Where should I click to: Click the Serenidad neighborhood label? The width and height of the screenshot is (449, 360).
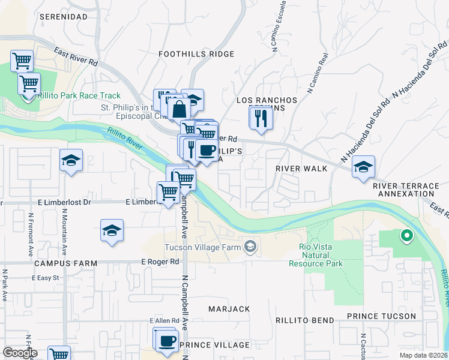tap(64, 17)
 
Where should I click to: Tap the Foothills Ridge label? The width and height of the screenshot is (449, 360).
tap(196, 54)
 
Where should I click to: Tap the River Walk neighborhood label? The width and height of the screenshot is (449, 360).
tap(301, 169)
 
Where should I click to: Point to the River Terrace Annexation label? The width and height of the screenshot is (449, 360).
tap(406, 190)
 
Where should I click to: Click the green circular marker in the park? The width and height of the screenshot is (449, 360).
tap(406, 236)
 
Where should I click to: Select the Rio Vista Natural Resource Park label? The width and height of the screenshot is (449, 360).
tap(316, 255)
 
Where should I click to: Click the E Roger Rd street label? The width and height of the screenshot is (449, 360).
tap(160, 262)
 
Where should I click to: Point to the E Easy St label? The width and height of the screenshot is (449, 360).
tap(46, 278)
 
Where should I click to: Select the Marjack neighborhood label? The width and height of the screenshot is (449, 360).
tap(229, 309)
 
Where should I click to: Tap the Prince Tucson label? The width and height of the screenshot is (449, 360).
tap(381, 316)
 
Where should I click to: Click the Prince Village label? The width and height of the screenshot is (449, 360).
tap(214, 345)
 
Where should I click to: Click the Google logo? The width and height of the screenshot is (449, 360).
tap(20, 353)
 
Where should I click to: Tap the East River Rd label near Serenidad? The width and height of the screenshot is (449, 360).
tap(76, 57)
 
